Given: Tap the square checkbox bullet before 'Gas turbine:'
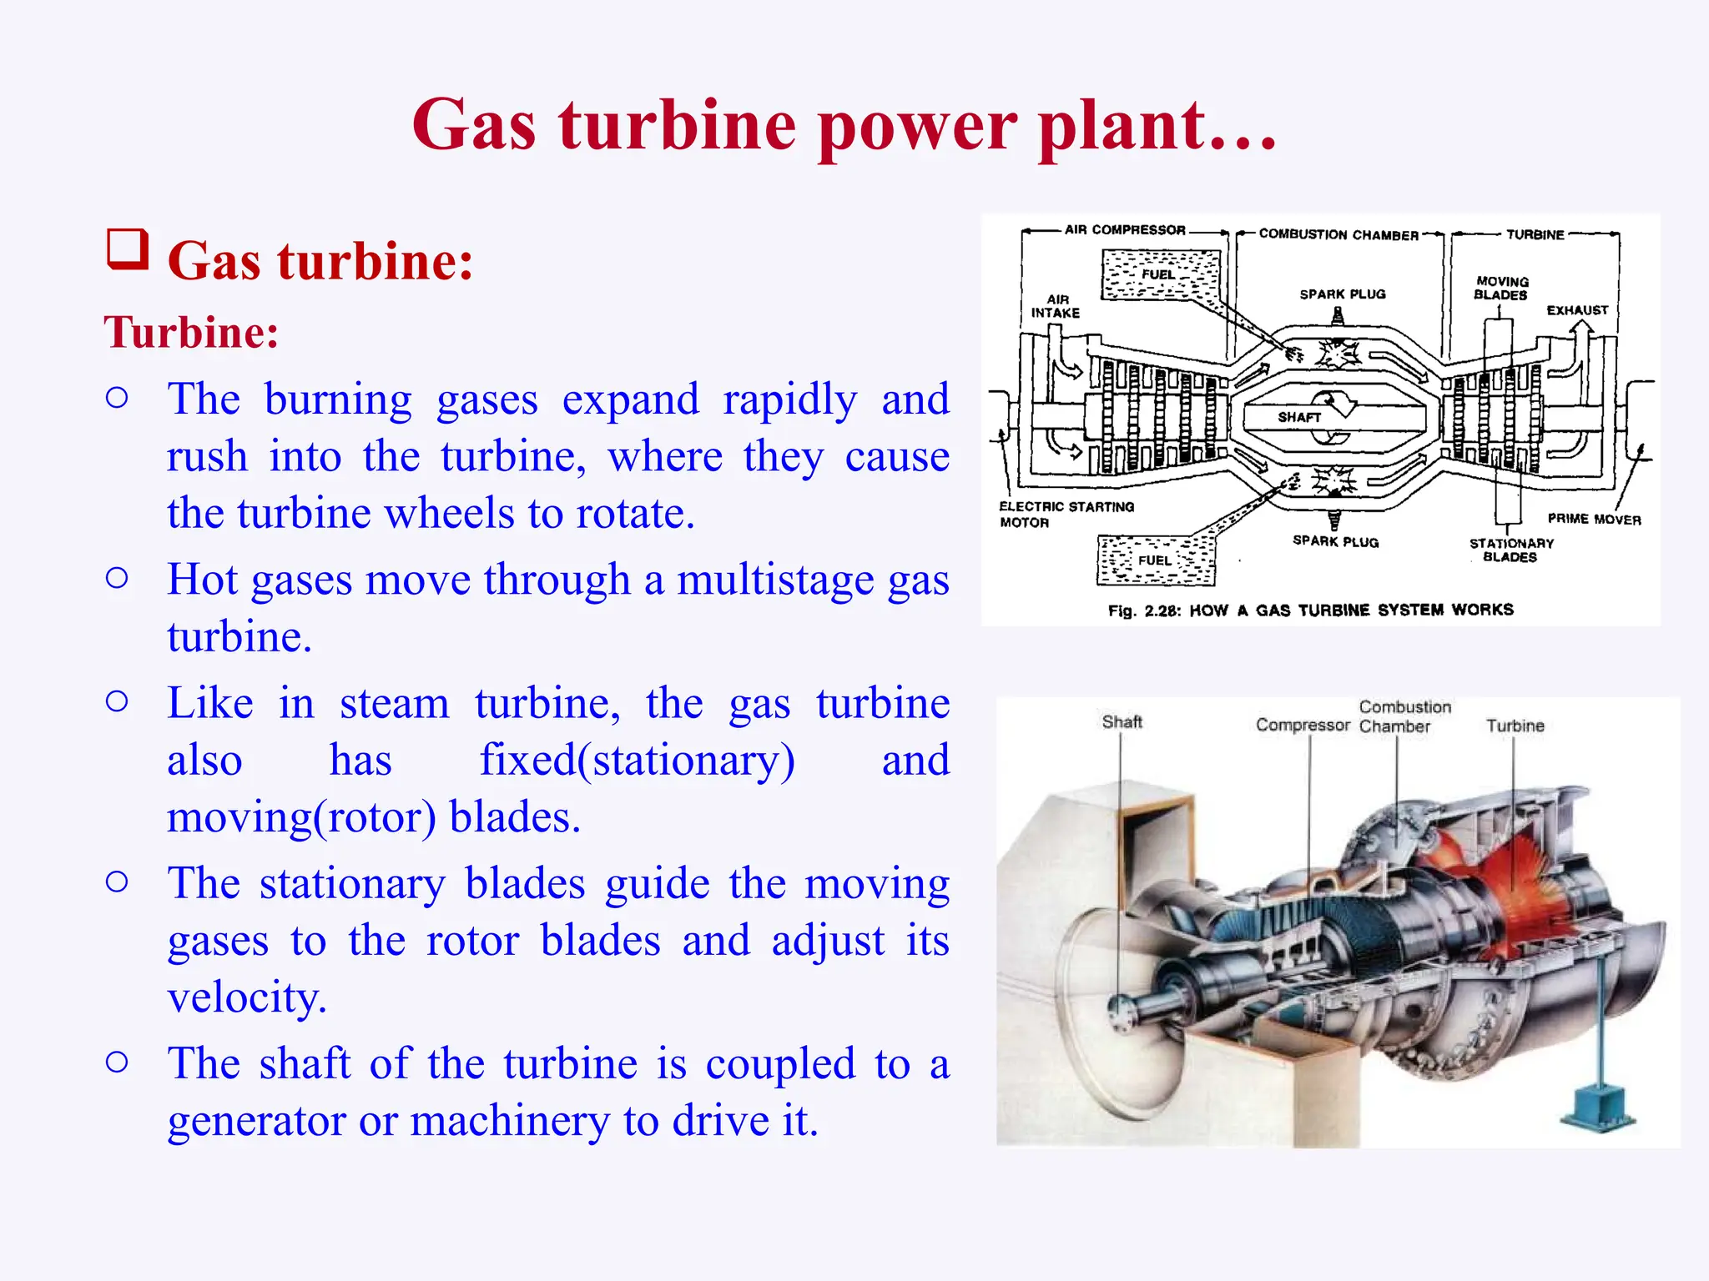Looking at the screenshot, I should (x=128, y=249).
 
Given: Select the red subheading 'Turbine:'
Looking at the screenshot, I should (x=191, y=333).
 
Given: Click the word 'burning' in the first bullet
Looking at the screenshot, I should (x=338, y=399).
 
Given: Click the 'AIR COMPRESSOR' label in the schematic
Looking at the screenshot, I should (x=1124, y=230).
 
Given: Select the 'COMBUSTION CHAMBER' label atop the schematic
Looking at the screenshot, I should (x=1338, y=235).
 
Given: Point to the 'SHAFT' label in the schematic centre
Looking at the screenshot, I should (x=1299, y=417).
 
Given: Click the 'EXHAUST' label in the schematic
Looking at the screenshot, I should (x=1576, y=310).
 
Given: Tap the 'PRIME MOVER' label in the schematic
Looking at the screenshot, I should (x=1594, y=520).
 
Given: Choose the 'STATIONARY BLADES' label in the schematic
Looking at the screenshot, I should (x=1511, y=550).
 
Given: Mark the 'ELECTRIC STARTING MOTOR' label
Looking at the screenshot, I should (x=1066, y=515).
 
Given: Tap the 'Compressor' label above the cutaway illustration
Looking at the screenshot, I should (x=1303, y=726).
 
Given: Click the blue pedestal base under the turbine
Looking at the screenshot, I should (x=1596, y=1110).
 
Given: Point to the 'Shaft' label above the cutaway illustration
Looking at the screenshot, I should (x=1122, y=722).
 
